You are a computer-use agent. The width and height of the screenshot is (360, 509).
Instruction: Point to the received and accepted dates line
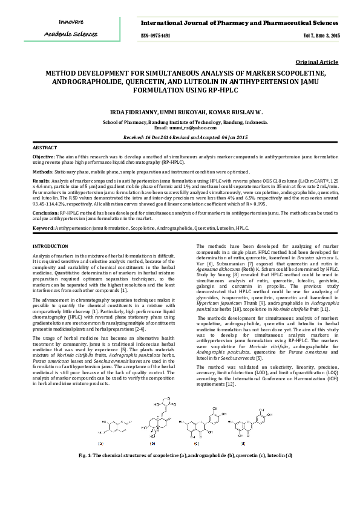pyautogui.click(x=186, y=137)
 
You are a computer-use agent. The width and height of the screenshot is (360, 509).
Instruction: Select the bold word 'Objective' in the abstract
pyautogui.click(x=43, y=157)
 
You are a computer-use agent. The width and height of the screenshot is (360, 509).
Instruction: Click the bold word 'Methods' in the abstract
pyautogui.click(x=42, y=172)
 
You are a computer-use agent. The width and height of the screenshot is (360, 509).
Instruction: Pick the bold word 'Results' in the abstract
pyautogui.click(x=41, y=181)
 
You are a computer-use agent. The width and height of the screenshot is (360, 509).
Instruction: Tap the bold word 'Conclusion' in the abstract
pyautogui.click(x=45, y=213)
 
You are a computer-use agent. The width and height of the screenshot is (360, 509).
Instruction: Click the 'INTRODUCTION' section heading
pyautogui.click(x=50, y=246)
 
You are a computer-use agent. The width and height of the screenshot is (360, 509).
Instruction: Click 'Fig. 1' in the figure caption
pyautogui.click(x=87, y=455)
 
